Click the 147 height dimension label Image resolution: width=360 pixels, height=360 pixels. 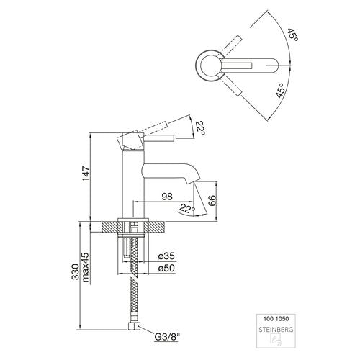[x=86, y=174]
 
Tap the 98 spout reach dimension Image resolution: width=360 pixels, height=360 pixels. [x=167, y=197]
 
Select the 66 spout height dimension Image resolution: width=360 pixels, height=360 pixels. [x=212, y=200]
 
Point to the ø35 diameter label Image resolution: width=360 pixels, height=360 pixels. [x=166, y=256]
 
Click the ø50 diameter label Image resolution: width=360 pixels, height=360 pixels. [x=166, y=268]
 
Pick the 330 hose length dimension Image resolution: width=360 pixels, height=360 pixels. [x=75, y=271]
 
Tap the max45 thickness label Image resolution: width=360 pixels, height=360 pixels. [x=86, y=267]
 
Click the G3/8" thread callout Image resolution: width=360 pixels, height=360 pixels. [x=167, y=337]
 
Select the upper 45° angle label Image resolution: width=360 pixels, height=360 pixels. [x=293, y=35]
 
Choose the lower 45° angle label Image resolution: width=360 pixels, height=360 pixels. [x=281, y=91]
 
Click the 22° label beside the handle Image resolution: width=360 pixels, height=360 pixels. [x=200, y=128]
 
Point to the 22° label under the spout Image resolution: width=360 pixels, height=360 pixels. [x=187, y=208]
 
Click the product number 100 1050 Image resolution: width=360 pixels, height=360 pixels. [x=276, y=319]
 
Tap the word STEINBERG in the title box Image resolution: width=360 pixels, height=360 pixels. [x=276, y=330]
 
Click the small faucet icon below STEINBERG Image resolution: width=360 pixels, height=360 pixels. [x=276, y=340]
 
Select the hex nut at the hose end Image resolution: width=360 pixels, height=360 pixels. [x=134, y=326]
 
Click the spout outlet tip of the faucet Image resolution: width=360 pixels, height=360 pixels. [x=193, y=182]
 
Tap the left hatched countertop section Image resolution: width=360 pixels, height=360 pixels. [x=110, y=227]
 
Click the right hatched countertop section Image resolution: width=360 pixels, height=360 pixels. [x=156, y=227]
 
